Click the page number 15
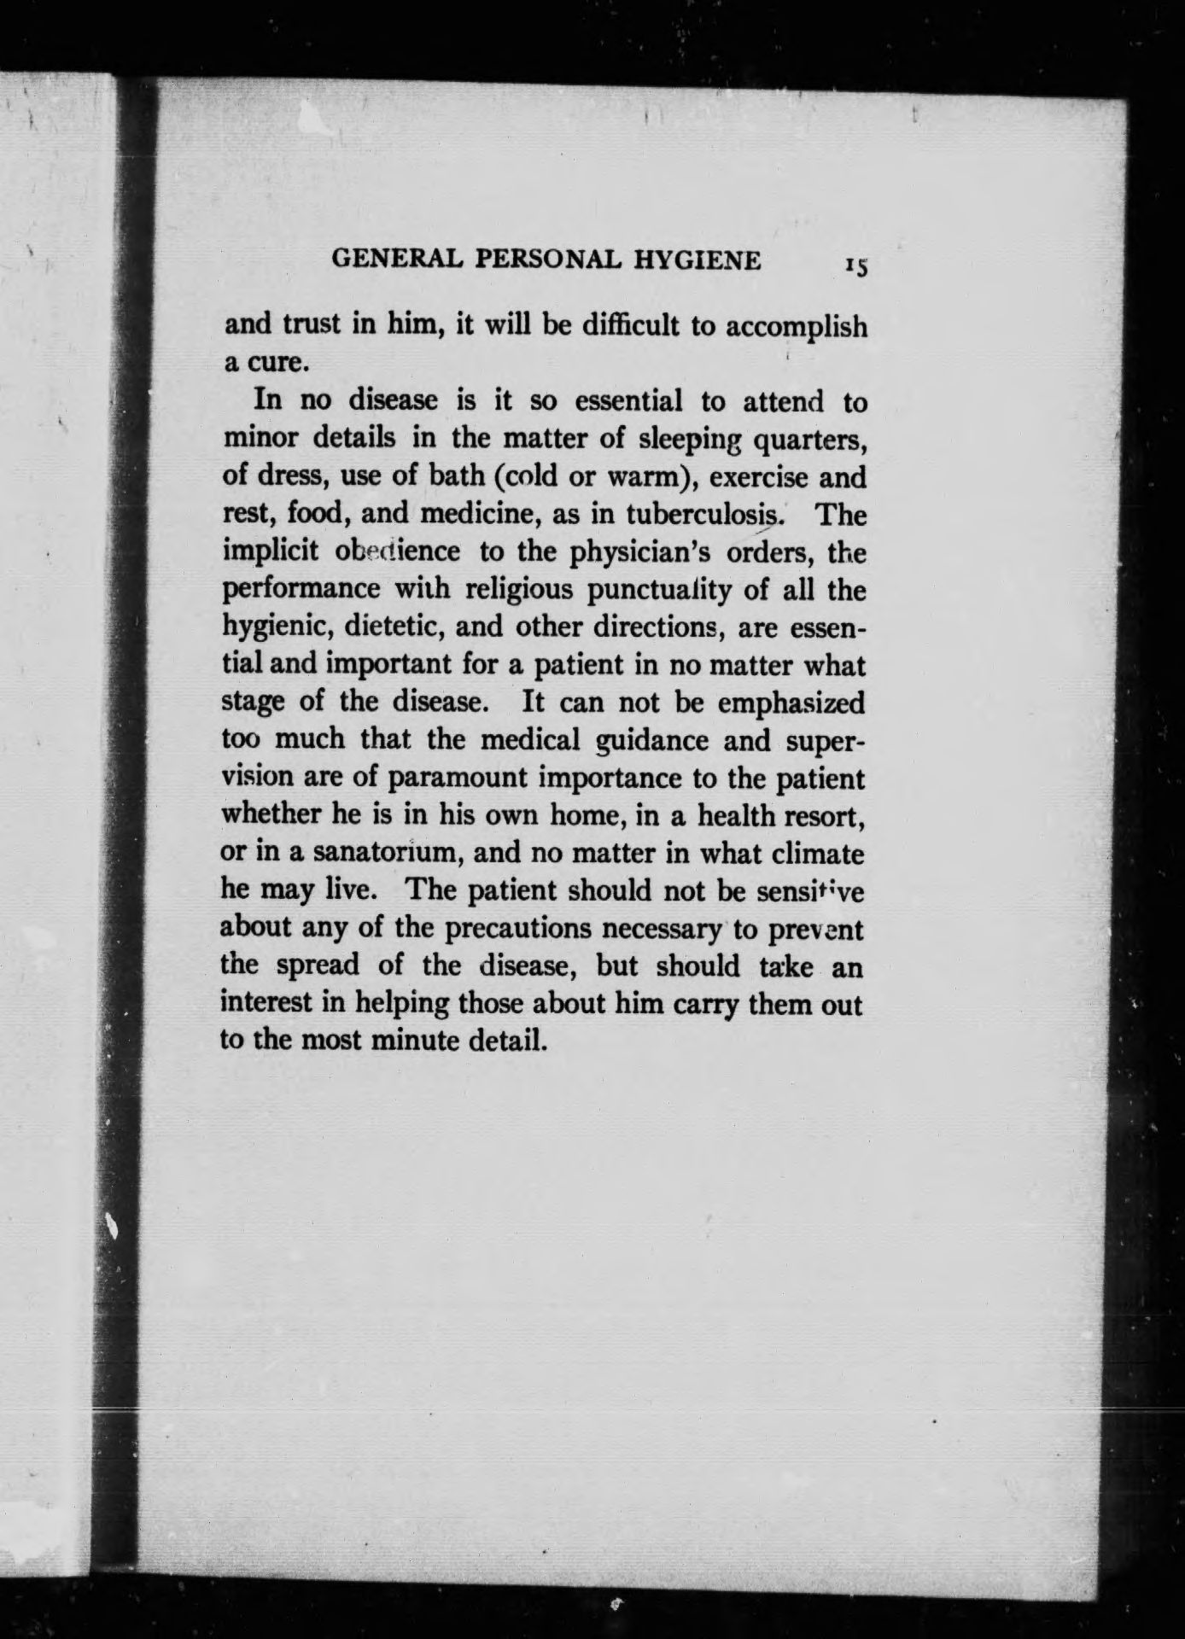(856, 266)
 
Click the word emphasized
(791, 703)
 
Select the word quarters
(805, 440)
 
